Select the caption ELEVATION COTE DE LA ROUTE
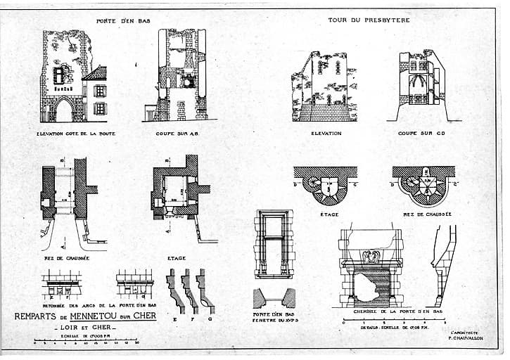[76, 133]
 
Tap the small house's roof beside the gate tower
[97, 73]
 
